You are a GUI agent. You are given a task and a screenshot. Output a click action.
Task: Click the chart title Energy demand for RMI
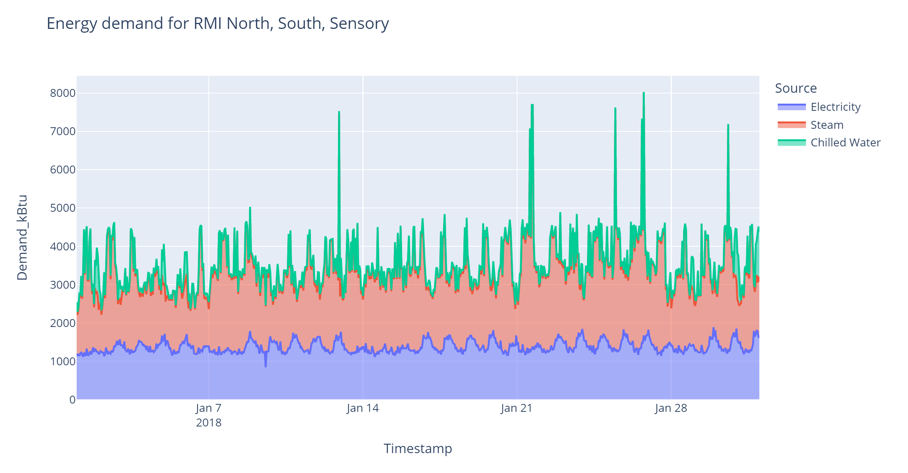click(x=217, y=23)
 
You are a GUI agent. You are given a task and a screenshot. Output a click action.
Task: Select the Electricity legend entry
click(x=835, y=107)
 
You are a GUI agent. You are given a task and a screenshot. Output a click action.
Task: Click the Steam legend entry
click(x=827, y=125)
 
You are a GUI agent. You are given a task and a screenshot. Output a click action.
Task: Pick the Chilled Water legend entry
click(x=845, y=143)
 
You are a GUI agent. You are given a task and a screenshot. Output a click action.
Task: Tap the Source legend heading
click(x=795, y=88)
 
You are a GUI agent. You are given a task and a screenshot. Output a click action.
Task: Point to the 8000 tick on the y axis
click(x=63, y=93)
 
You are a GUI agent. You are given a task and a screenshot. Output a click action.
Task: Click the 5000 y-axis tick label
click(x=63, y=208)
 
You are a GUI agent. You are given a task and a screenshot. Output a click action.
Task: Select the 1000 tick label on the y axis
click(x=63, y=362)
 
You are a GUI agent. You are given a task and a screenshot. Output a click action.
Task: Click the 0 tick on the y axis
click(x=72, y=400)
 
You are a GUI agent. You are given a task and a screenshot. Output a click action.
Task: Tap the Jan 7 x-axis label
click(x=208, y=408)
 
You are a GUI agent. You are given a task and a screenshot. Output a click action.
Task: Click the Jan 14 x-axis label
click(x=362, y=408)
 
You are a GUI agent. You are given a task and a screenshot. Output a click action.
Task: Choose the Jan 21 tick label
click(x=517, y=408)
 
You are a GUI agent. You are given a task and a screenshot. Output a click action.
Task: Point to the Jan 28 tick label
click(x=671, y=408)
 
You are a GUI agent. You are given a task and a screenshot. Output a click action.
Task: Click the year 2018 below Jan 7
click(x=208, y=423)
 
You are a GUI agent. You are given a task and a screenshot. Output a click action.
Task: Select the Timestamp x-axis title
click(x=418, y=449)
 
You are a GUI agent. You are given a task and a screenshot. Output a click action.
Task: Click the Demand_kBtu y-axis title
click(x=22, y=237)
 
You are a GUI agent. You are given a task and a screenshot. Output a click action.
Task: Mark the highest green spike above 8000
click(x=644, y=93)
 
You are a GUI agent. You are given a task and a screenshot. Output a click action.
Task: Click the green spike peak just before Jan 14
click(x=339, y=112)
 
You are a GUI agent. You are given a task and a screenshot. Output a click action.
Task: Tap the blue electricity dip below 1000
click(x=265, y=366)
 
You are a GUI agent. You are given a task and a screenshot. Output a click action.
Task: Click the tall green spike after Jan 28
click(x=728, y=125)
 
